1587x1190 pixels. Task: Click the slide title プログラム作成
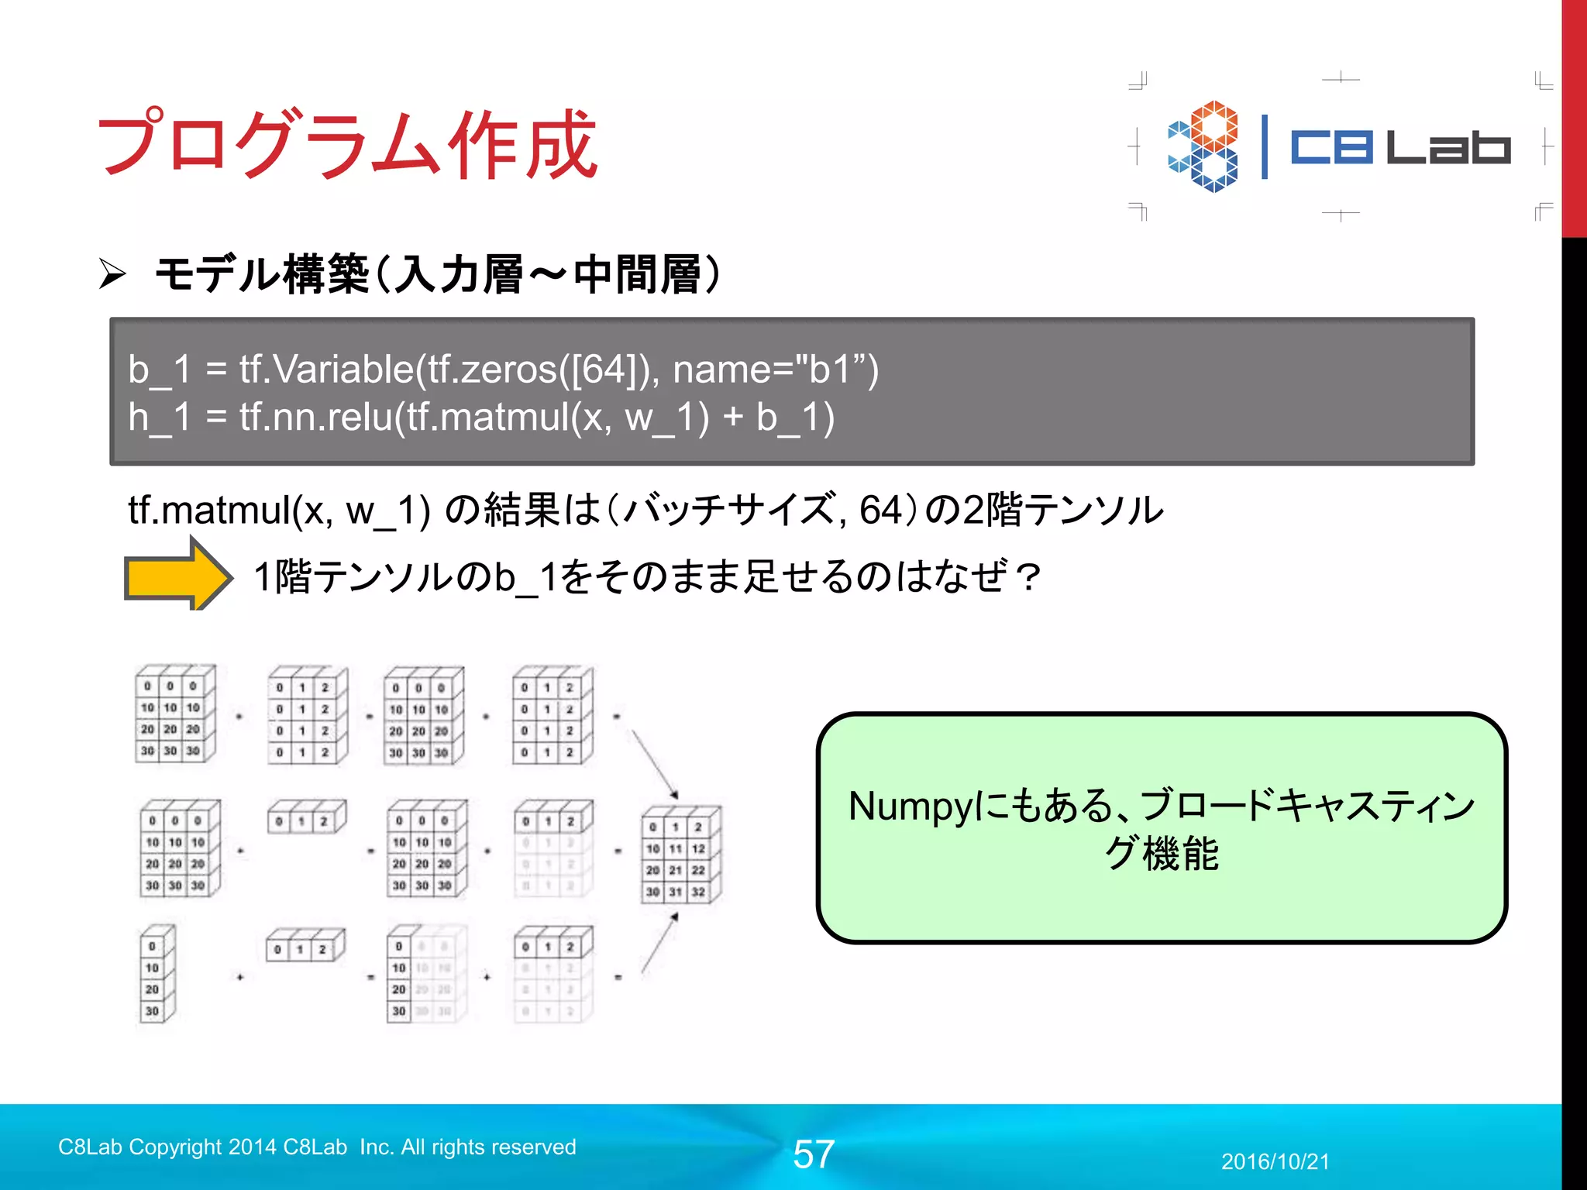coord(347,144)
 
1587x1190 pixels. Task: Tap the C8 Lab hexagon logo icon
coord(1203,146)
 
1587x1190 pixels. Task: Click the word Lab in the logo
coord(1448,147)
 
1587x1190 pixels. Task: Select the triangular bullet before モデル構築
coord(112,274)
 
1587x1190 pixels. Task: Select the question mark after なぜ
coord(1028,577)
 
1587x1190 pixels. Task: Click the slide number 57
coord(813,1154)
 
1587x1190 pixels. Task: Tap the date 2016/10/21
coord(1275,1161)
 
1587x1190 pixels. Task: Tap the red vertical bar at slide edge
coord(1574,116)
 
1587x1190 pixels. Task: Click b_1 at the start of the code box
coord(159,369)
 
